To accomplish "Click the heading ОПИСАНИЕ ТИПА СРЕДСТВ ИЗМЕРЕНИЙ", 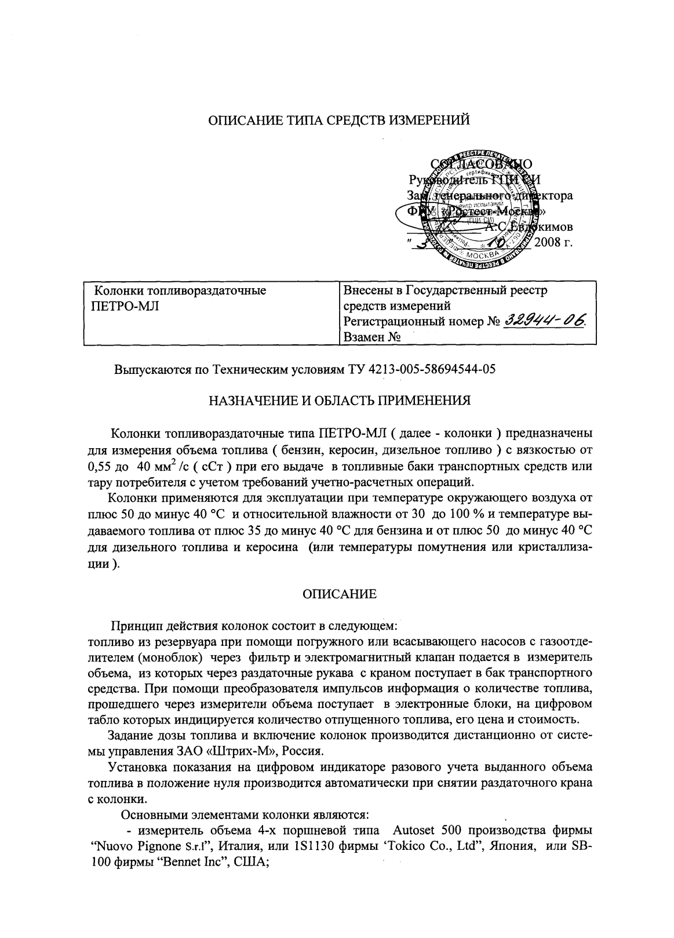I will point(338,121).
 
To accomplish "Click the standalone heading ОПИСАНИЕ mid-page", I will point(340,594).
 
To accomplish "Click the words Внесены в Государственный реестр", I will point(445,290).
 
